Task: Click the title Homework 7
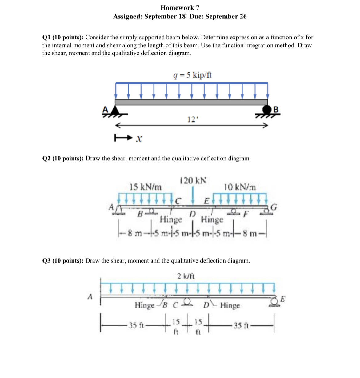point(180,8)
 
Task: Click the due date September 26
point(226,17)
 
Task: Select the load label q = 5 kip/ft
point(193,75)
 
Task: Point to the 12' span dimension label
point(191,119)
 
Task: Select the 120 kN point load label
point(193,180)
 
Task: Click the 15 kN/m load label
point(145,187)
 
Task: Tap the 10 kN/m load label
point(240,187)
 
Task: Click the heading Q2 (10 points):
point(63,159)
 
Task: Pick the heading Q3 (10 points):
point(63,261)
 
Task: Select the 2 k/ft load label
point(186,276)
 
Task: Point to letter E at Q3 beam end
point(283,299)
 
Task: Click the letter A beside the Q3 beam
point(90,297)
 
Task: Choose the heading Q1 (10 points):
point(63,38)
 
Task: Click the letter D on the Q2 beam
point(192,213)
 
